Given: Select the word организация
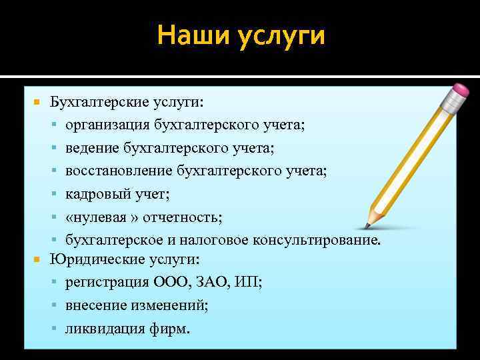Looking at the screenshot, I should click(107, 125).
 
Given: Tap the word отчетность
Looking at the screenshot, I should click(179, 217).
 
